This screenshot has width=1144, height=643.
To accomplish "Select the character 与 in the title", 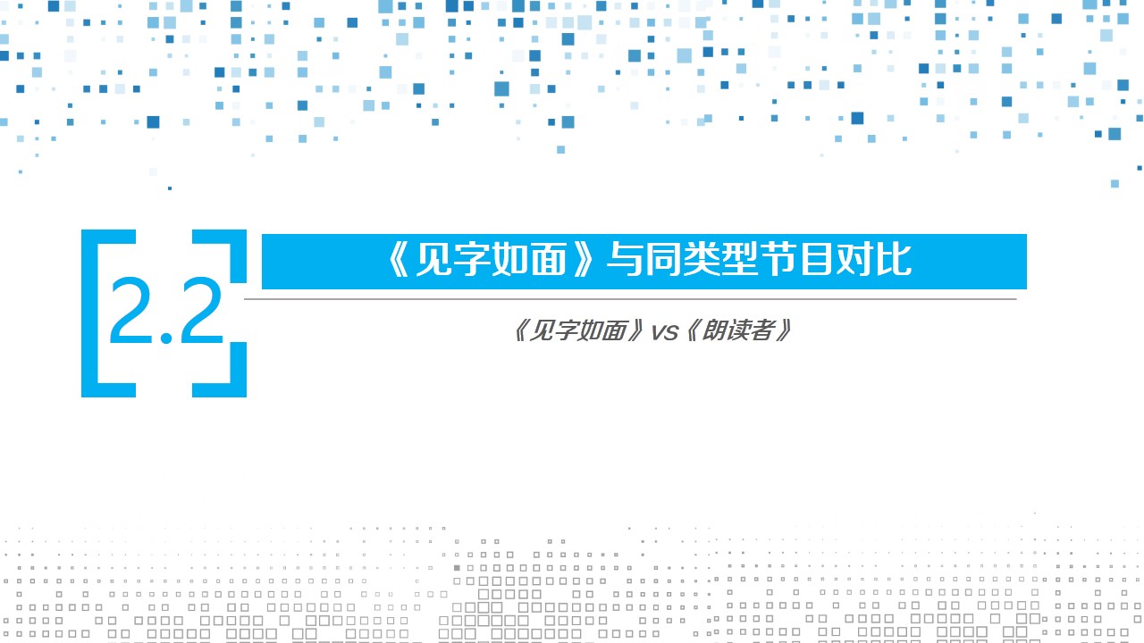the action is click(625, 259).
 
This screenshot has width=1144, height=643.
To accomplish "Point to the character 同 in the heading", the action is click(663, 259).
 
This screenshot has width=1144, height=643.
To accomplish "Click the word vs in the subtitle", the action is click(664, 332).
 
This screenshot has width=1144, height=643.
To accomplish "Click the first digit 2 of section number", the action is click(130, 310).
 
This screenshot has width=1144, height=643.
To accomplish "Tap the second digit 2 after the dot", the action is click(202, 310).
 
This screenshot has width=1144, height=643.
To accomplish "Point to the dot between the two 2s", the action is click(166, 338).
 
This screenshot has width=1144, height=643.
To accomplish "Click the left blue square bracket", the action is click(89, 313).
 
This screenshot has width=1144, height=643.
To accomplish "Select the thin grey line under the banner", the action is click(630, 299).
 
